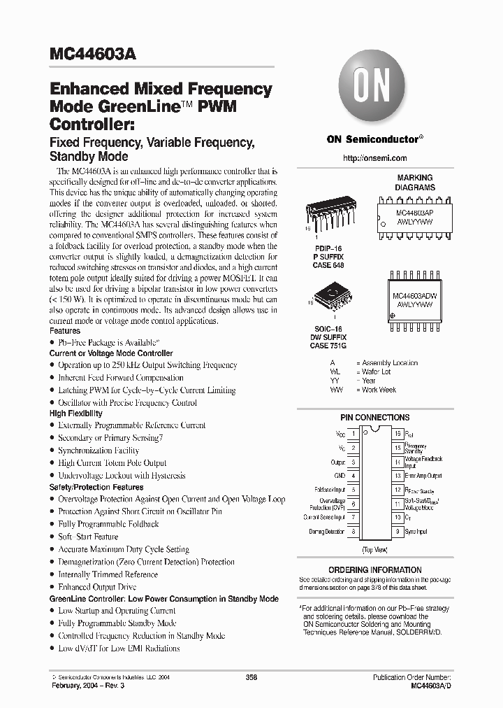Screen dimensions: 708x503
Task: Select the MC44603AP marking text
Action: point(405,211)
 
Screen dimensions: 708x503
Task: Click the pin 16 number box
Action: point(397,434)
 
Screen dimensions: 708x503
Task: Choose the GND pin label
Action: point(340,476)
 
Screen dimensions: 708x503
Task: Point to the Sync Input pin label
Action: point(416,532)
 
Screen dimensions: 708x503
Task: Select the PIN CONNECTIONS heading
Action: point(374,418)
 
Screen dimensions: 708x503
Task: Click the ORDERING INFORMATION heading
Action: point(374,570)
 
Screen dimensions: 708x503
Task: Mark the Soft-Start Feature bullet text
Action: point(88,537)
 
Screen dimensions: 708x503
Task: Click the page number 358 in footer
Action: point(251,677)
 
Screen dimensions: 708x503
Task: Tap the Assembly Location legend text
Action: point(389,363)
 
